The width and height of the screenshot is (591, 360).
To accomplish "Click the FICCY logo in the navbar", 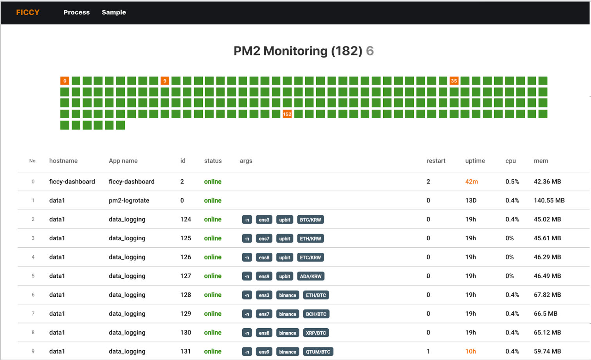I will click(28, 13).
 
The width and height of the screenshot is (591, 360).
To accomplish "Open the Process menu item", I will click(77, 13).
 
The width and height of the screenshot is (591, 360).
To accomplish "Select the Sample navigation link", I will click(114, 13).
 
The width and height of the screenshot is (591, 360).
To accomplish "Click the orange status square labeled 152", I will click(287, 114).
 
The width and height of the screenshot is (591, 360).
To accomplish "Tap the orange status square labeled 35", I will click(454, 81).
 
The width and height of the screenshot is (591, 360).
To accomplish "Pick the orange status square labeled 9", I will click(165, 81).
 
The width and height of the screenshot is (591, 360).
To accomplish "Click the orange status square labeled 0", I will click(65, 81).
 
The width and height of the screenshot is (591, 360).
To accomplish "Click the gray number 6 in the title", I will click(370, 51).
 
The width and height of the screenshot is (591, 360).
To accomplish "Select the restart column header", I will click(436, 161).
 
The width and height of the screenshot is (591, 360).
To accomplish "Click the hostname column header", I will click(63, 161).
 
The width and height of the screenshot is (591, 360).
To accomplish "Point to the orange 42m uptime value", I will click(471, 182).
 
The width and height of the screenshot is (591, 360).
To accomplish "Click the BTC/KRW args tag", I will click(310, 220).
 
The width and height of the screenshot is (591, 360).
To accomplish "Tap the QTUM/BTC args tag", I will click(318, 352).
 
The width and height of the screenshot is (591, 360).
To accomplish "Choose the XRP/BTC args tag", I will click(316, 333).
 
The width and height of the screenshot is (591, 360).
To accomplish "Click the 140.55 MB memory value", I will click(549, 200).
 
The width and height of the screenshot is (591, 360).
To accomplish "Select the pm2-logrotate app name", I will click(129, 200).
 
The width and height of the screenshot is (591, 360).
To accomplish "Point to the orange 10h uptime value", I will click(470, 351).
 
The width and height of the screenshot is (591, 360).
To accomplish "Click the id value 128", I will click(186, 295).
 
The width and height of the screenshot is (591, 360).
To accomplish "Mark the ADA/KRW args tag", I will click(310, 276).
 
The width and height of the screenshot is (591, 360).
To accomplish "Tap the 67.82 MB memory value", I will click(547, 295).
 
